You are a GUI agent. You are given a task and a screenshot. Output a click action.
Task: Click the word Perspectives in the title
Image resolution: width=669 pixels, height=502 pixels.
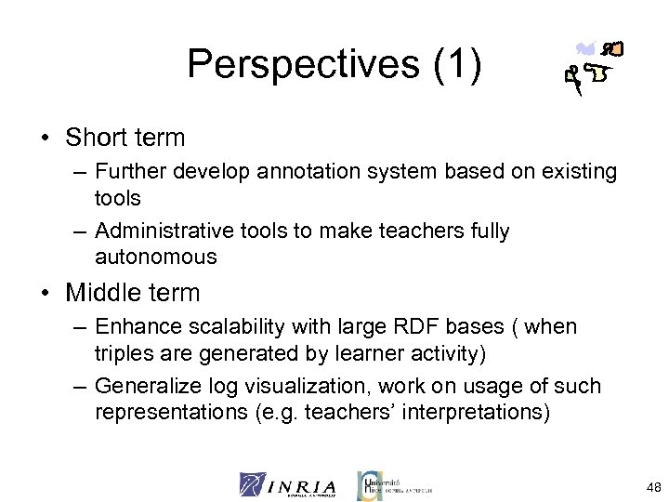(298, 64)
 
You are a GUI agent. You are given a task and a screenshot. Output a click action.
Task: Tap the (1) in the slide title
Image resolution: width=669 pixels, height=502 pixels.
(453, 64)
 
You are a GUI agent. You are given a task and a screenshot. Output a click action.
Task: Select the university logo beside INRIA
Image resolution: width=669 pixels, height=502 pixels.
(394, 484)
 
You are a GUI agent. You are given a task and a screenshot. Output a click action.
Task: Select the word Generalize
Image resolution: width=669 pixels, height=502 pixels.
(148, 385)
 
